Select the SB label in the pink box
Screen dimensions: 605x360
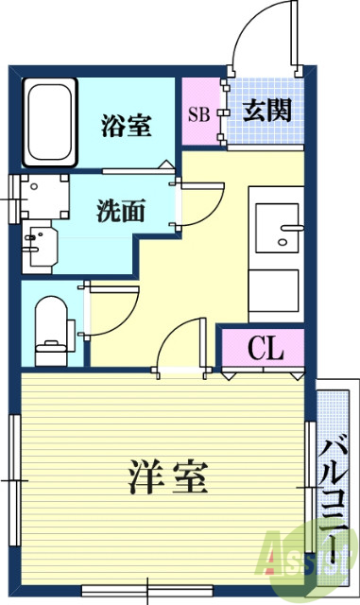[198, 114]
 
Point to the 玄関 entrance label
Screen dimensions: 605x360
[266, 111]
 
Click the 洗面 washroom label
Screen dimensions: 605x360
[120, 211]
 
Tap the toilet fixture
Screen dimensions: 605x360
[53, 327]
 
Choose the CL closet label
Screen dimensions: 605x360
[266, 350]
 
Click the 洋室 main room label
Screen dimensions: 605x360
[167, 476]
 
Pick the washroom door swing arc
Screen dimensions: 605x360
[193, 194]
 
